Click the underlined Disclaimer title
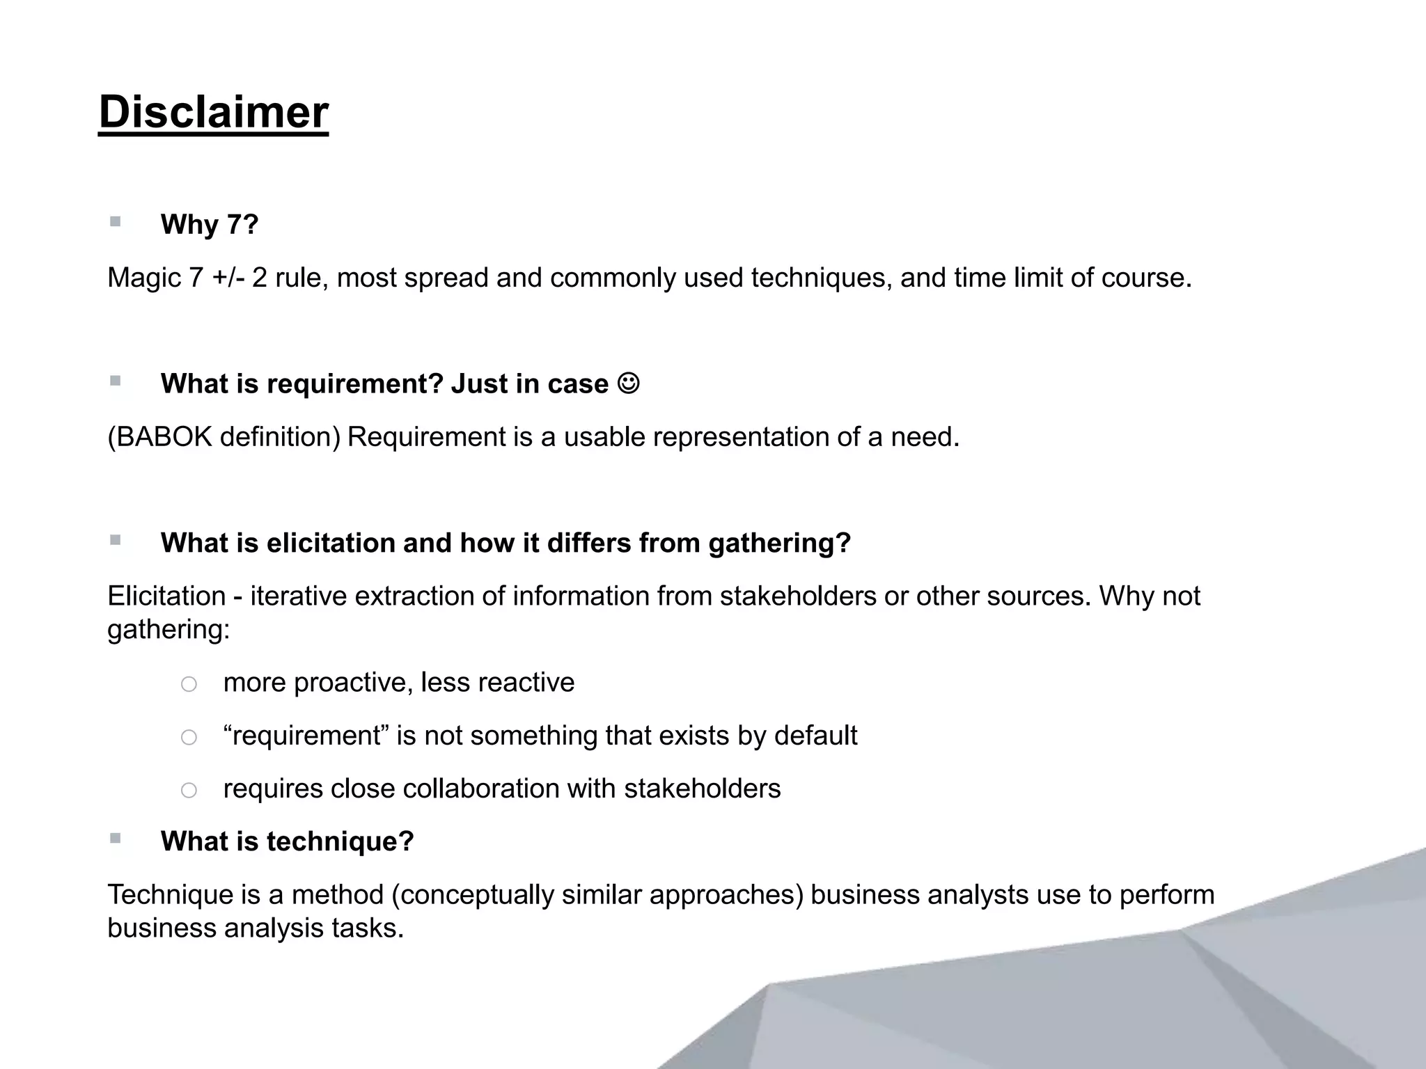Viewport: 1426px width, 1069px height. [x=213, y=112]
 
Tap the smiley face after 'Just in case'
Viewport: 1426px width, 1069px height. [x=628, y=383]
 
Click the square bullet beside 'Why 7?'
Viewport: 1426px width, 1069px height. [x=116, y=222]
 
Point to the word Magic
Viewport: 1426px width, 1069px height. [x=143, y=278]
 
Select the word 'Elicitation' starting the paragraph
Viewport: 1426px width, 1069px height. [x=166, y=596]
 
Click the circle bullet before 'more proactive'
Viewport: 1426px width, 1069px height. [x=189, y=684]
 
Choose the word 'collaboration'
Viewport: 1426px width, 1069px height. [x=481, y=789]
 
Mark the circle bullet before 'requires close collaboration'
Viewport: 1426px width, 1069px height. [x=189, y=790]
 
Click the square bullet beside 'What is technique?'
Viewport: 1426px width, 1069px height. [x=116, y=839]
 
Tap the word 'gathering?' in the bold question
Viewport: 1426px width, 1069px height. [x=780, y=543]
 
